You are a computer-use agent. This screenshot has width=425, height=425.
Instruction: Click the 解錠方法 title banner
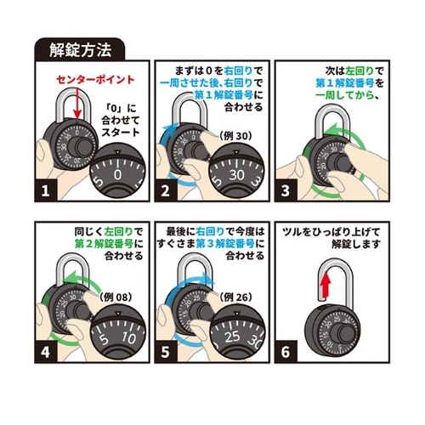(x=79, y=48)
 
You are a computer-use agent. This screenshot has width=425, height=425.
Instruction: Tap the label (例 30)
(x=233, y=135)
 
